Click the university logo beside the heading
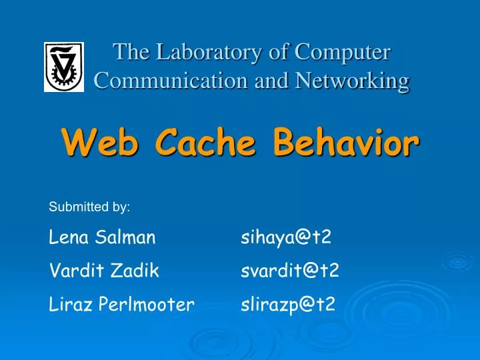tap(64, 67)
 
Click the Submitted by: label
tap(89, 207)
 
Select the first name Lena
tap(67, 237)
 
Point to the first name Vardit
tap(71, 271)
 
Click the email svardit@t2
tap(290, 271)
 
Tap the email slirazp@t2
tap(288, 305)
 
